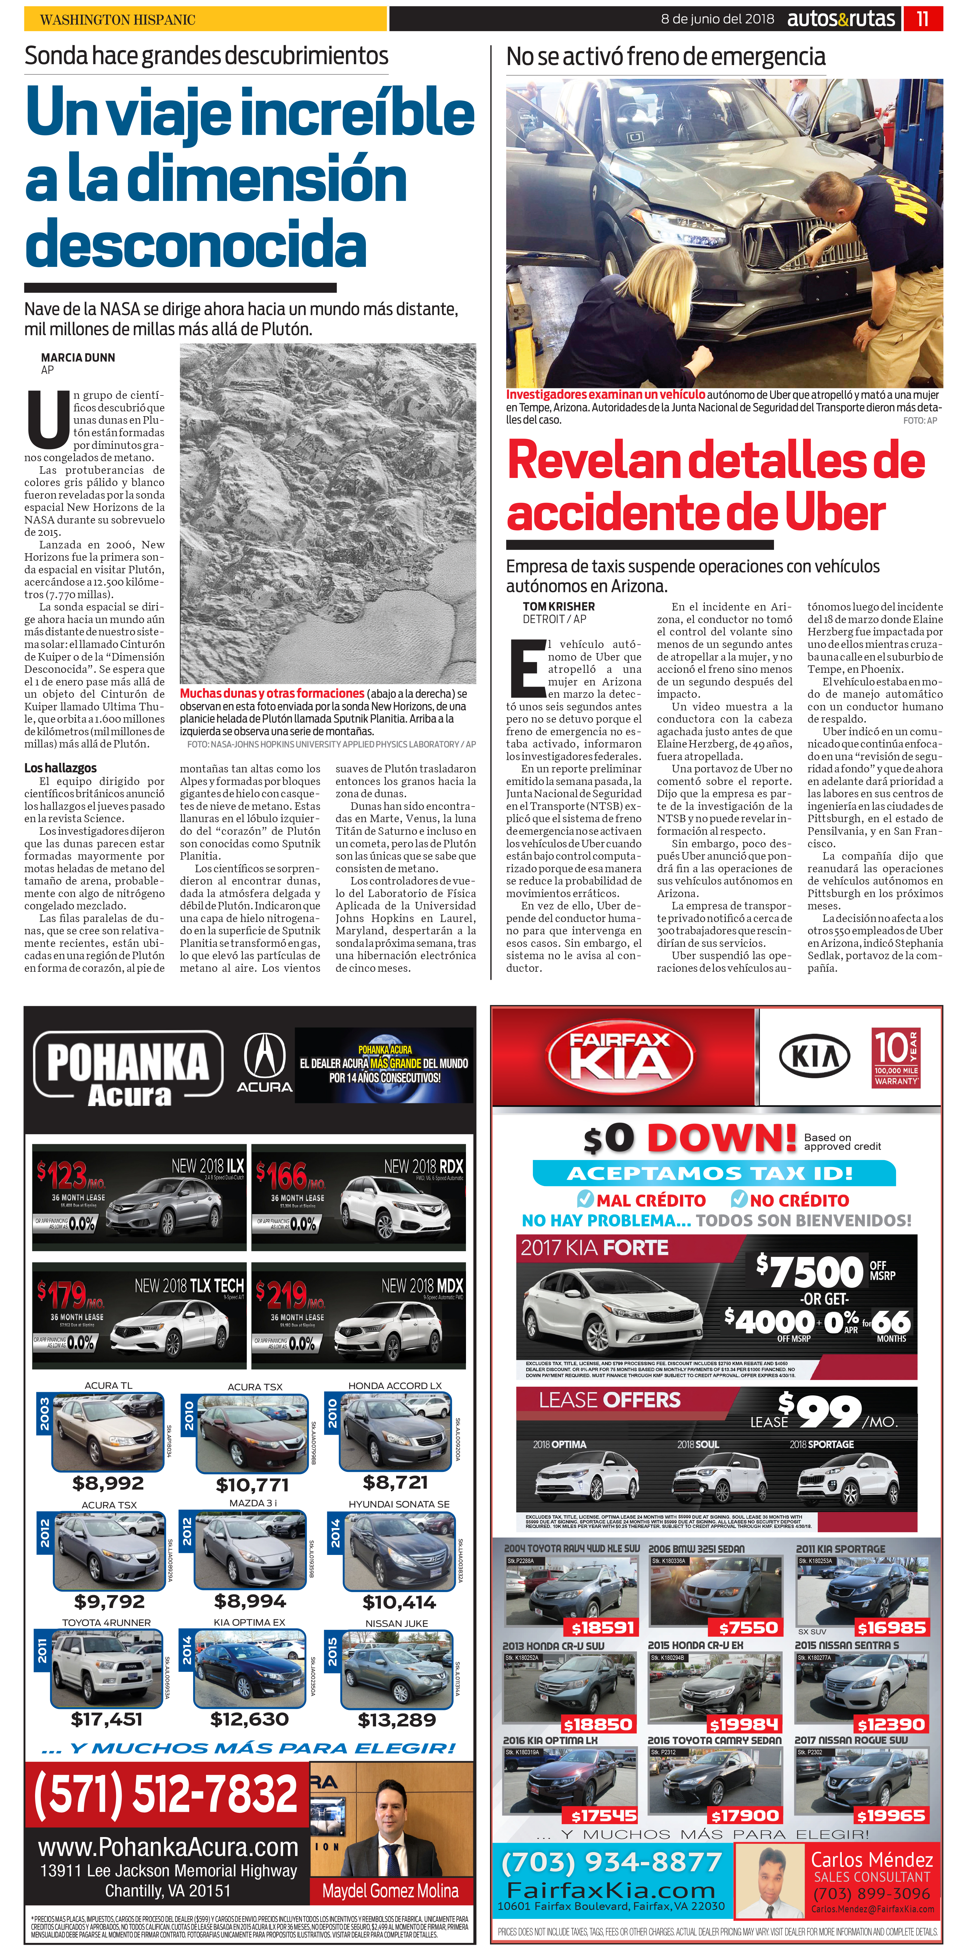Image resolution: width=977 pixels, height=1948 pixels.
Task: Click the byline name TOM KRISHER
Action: pyautogui.click(x=558, y=607)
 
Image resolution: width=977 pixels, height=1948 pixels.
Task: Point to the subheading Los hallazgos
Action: pyautogui.click(x=61, y=768)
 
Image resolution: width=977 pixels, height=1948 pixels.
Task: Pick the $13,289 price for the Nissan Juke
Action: pyautogui.click(x=396, y=1720)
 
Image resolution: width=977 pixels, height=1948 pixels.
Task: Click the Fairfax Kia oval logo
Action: pyautogui.click(x=620, y=1056)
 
